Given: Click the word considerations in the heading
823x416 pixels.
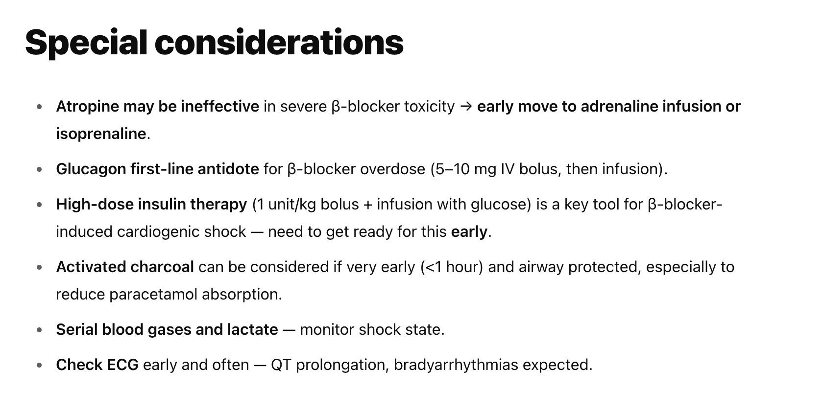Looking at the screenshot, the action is [x=279, y=43].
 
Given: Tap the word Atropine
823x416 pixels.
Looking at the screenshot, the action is [x=87, y=107].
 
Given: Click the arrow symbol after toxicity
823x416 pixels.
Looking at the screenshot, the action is [x=466, y=107].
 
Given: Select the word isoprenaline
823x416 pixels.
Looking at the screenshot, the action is [x=101, y=134].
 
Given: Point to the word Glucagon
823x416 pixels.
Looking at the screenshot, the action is [x=91, y=169].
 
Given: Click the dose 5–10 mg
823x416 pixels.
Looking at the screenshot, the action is [x=464, y=169].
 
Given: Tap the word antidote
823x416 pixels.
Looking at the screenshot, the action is [x=228, y=169].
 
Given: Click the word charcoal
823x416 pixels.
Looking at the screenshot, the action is [x=162, y=267].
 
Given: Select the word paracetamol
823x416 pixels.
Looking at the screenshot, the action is [x=153, y=295].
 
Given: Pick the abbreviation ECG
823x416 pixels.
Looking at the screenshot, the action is [x=122, y=365].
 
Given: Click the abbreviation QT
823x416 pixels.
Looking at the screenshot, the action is [x=281, y=365].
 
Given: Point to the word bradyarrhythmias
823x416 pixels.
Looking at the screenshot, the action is [x=456, y=365].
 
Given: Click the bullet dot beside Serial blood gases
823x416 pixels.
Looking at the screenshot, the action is [x=39, y=330].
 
